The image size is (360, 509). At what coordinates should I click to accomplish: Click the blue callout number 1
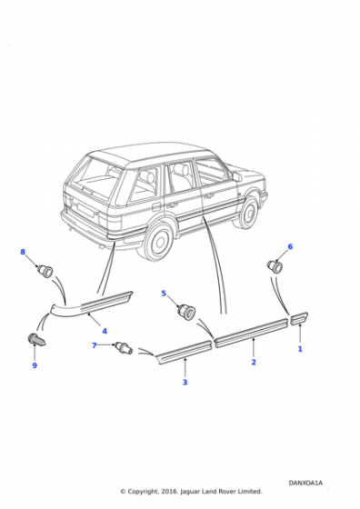[x=300, y=349]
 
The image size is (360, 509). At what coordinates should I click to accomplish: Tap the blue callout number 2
[x=254, y=362]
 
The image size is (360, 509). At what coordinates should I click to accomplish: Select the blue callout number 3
[x=185, y=382]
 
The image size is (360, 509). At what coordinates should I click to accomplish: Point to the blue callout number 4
[x=105, y=331]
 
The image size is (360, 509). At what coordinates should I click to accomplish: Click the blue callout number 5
[x=164, y=294]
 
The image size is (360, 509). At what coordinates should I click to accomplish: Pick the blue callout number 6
[x=290, y=246]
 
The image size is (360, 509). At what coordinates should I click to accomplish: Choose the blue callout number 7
[x=95, y=345]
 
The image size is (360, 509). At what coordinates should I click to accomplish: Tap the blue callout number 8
[x=23, y=252]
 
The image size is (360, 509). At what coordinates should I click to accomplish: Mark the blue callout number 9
[x=35, y=365]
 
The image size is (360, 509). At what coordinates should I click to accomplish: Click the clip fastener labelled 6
[x=275, y=267]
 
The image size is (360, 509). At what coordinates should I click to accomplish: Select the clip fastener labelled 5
[x=186, y=312]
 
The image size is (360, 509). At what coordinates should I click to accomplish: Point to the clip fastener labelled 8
[x=45, y=271]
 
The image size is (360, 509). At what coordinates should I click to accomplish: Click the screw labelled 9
[x=36, y=340]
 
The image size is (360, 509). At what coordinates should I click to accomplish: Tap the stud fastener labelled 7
[x=123, y=347]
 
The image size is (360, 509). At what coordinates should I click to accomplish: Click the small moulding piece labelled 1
[x=299, y=318]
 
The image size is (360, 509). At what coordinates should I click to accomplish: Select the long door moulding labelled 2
[x=252, y=333]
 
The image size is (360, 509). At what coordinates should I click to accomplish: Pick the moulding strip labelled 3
[x=185, y=352]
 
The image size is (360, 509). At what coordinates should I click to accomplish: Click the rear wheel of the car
[x=158, y=239]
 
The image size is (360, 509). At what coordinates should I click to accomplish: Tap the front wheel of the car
[x=249, y=212]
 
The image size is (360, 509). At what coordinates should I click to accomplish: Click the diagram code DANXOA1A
[x=305, y=483]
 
